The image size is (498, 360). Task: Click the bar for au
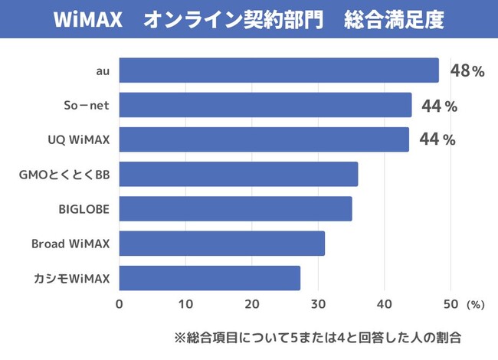click(279, 70)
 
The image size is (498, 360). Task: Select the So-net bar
click(265, 105)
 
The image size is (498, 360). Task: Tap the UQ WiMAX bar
click(264, 139)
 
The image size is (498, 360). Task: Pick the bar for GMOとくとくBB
click(238, 175)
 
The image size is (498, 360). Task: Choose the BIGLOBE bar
click(235, 209)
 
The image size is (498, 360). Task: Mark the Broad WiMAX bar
click(222, 244)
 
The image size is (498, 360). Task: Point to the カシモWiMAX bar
click(210, 278)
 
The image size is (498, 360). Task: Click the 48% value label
click(467, 71)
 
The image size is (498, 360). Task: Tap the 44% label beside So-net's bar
click(439, 106)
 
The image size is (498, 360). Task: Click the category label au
click(103, 71)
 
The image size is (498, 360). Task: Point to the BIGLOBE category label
click(84, 209)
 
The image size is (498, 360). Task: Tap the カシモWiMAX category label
click(72, 278)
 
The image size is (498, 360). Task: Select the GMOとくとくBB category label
click(64, 175)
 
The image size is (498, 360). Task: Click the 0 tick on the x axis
click(120, 303)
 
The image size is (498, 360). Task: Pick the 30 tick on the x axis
click(318, 303)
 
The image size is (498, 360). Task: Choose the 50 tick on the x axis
click(450, 303)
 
